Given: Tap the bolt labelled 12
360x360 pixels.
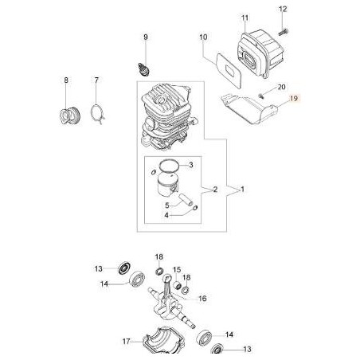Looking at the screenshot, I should [284, 29].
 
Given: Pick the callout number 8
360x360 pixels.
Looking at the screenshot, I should [66, 80].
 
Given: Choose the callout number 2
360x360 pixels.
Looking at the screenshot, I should [213, 189].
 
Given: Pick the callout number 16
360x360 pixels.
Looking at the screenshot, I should [202, 299].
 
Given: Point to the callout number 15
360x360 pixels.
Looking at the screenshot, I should [177, 270].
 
